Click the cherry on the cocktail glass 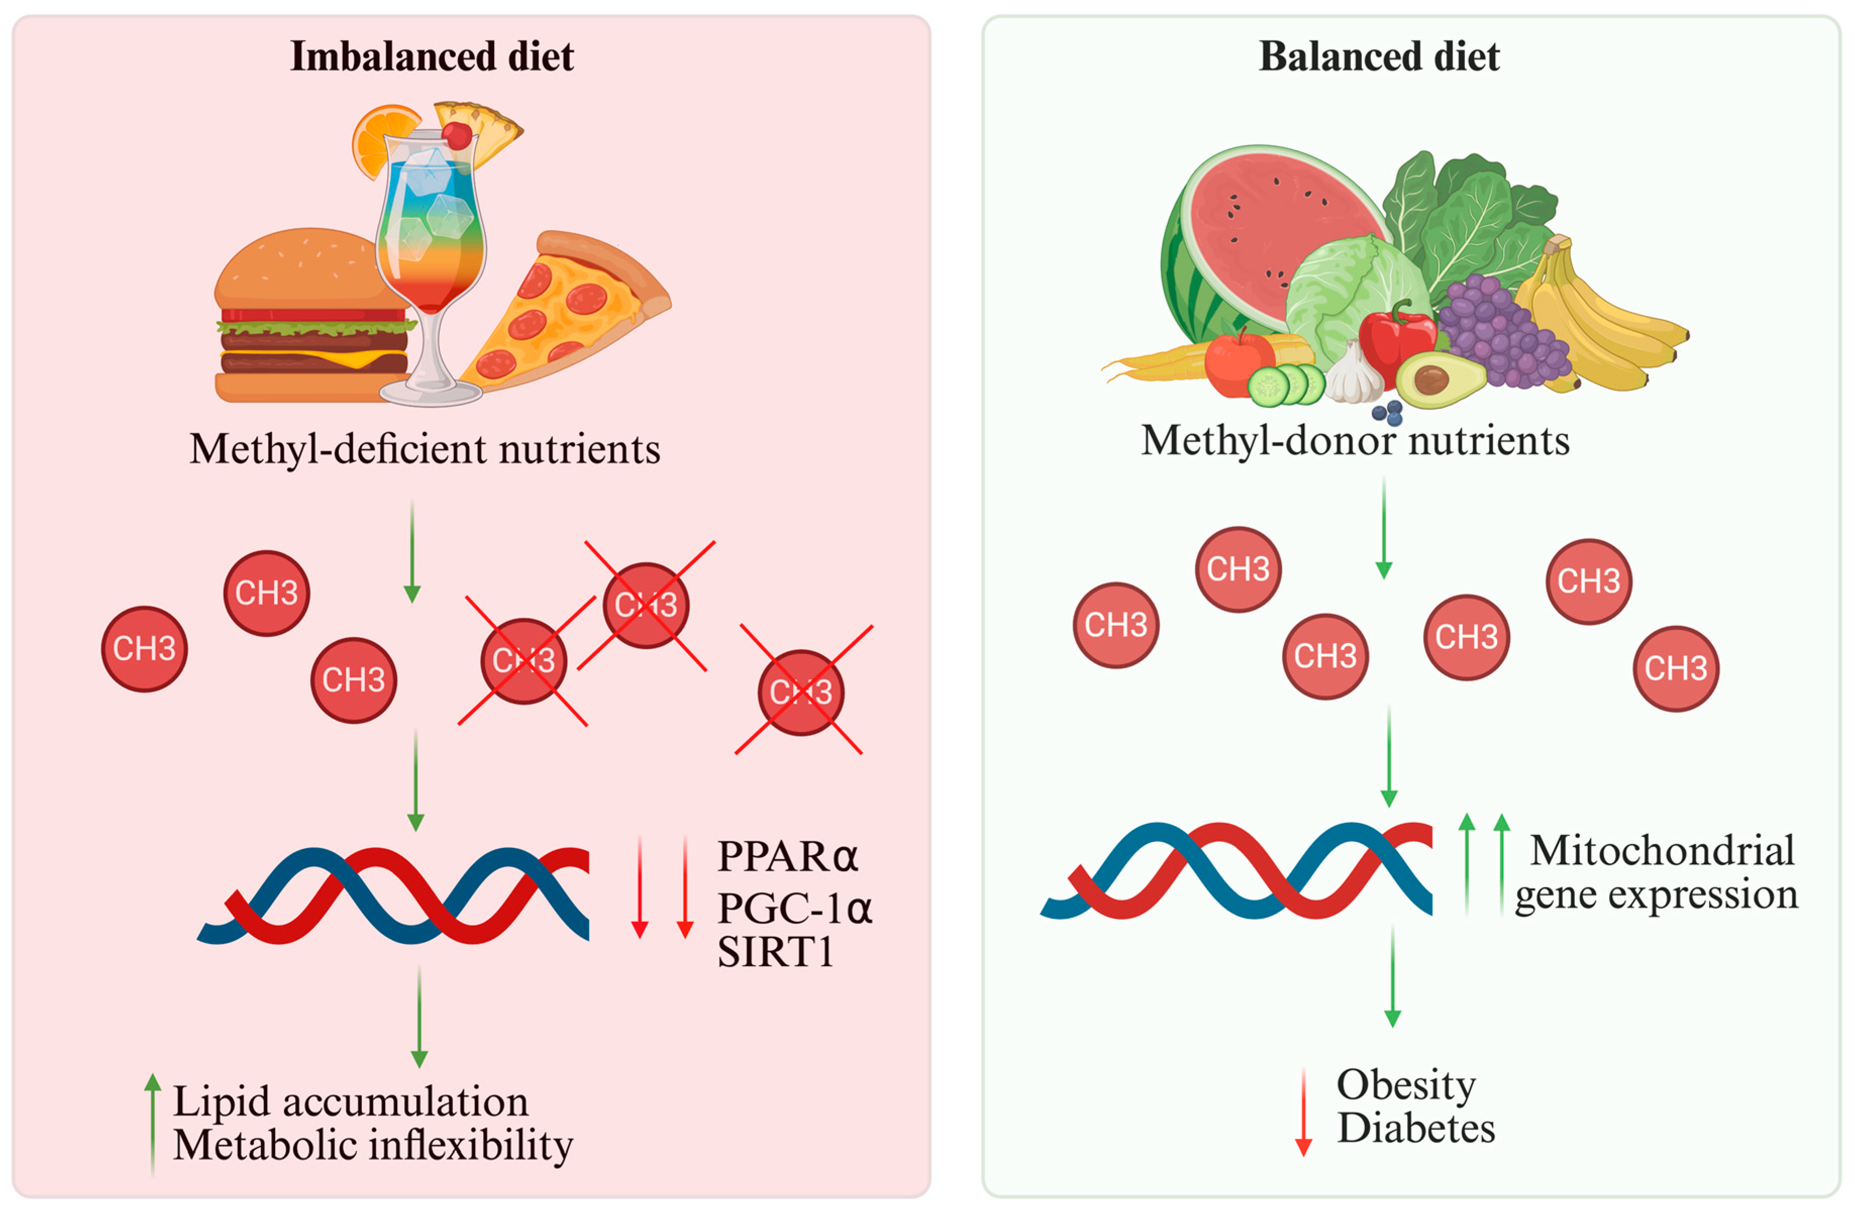click(457, 136)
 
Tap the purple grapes click(1500, 331)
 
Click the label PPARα click(787, 857)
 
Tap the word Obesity click(1406, 1085)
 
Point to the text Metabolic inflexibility click(373, 1146)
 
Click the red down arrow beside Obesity click(1303, 1113)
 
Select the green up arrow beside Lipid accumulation click(153, 1123)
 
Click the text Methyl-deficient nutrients click(425, 450)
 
